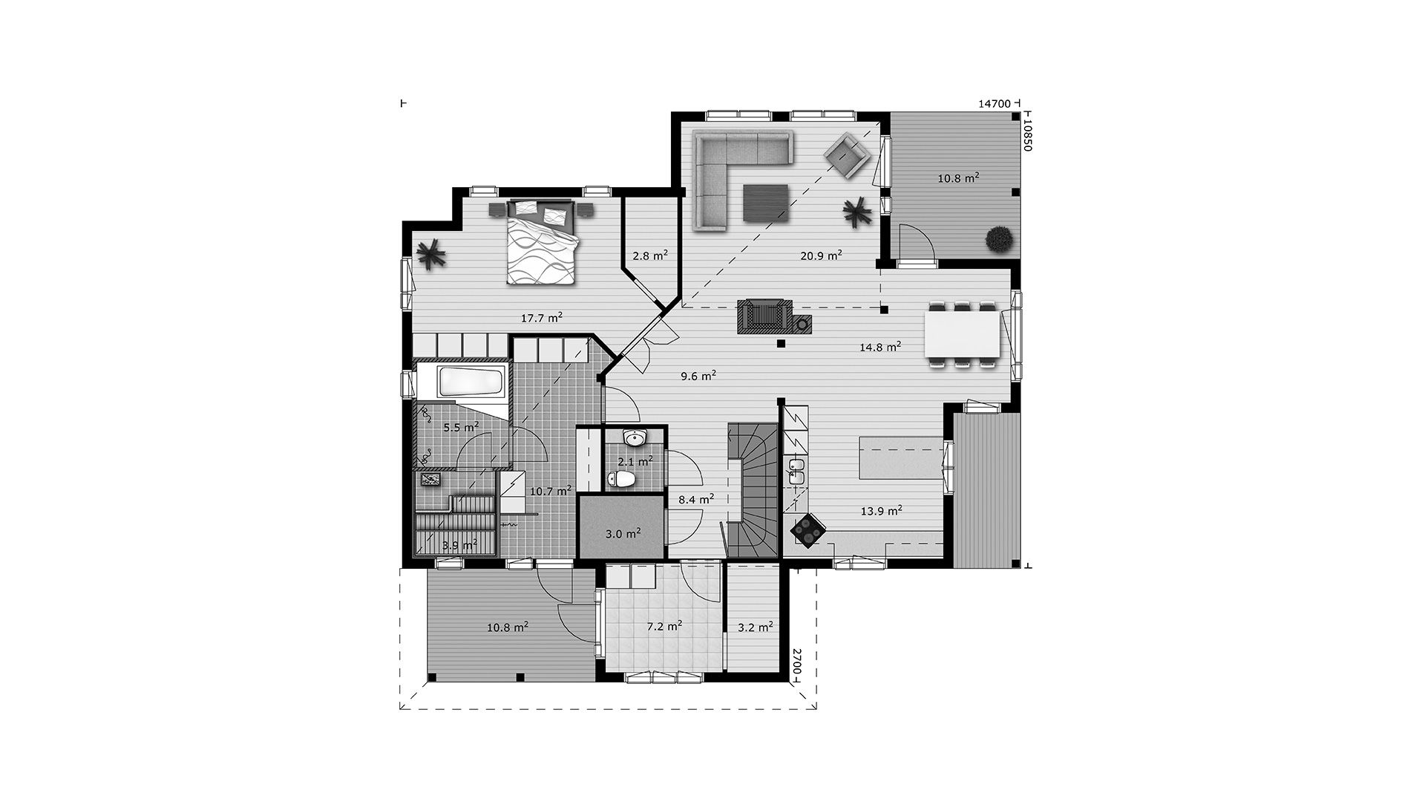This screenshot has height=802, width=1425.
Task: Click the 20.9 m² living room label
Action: (x=821, y=255)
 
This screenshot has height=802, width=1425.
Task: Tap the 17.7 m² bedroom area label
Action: (x=541, y=318)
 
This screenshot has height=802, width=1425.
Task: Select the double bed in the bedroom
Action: (x=542, y=242)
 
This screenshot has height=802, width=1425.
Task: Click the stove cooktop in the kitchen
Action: (x=807, y=530)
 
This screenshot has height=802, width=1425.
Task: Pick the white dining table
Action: (x=963, y=334)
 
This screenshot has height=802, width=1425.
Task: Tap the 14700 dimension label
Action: (x=994, y=104)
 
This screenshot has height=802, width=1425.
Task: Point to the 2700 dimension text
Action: (x=796, y=661)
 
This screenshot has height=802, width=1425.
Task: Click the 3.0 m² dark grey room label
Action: (x=623, y=533)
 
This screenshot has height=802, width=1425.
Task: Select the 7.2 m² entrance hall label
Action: (x=664, y=626)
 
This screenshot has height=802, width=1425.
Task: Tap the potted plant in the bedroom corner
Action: (x=430, y=256)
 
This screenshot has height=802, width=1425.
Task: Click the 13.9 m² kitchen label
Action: (x=881, y=510)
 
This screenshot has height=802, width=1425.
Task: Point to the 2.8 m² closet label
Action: (x=650, y=255)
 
